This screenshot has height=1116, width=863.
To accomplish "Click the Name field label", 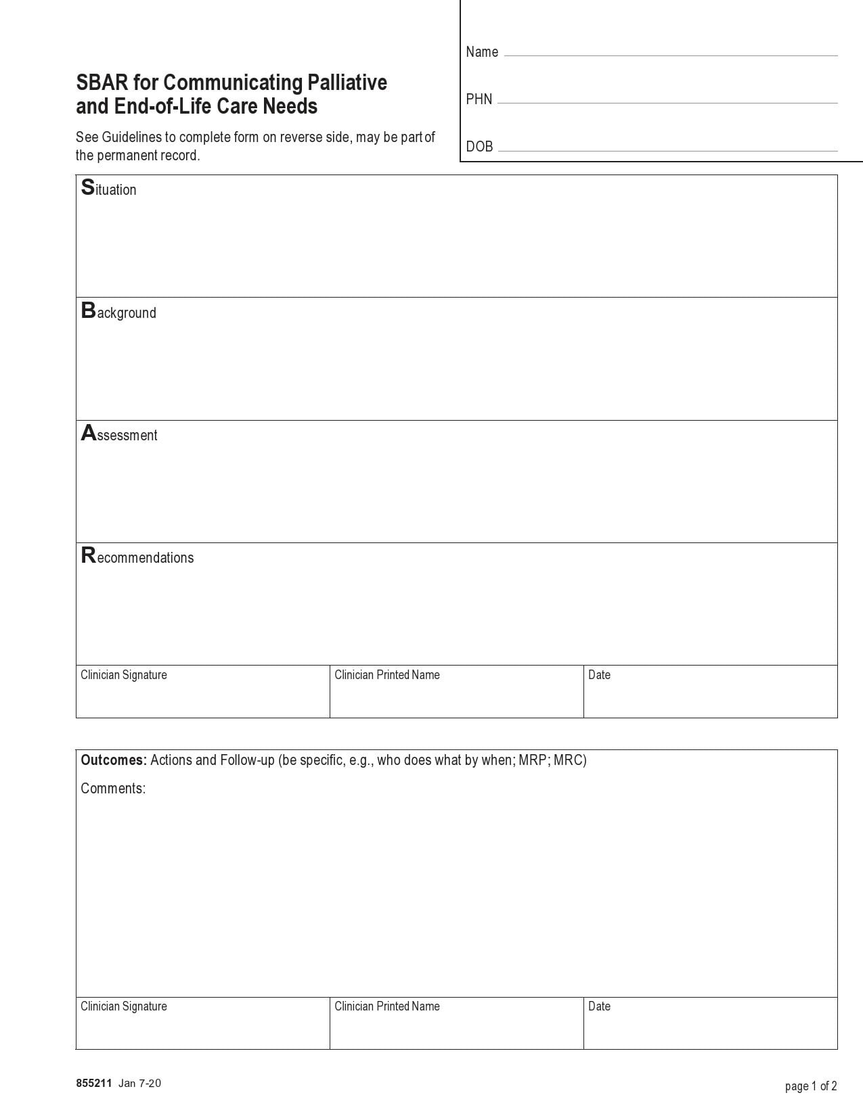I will pos(482,52).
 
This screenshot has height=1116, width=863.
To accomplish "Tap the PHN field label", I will pos(479,99).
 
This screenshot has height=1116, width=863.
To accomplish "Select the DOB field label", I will pos(479,147).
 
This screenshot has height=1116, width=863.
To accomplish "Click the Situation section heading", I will pos(109,189).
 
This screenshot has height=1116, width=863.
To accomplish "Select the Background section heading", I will pos(118,312).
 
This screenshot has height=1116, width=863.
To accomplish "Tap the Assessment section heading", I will pos(119,434).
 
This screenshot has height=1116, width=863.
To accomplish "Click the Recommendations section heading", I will pos(137,557).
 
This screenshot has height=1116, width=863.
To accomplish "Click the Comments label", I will pos(113,789).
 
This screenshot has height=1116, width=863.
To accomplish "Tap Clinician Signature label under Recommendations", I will pos(124,675).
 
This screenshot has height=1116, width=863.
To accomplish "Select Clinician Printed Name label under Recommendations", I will pos(387,675).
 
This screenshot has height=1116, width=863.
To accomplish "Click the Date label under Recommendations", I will pos(599,675).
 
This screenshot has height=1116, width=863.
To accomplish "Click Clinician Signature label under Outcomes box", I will pos(124,1006).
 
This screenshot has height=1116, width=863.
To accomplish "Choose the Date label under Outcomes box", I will pos(599,1006).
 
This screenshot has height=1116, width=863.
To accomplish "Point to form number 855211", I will pos(93,1084).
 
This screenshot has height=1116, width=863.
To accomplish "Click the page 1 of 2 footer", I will pos(811,1086).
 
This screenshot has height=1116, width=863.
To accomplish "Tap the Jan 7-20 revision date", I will pos(140,1084).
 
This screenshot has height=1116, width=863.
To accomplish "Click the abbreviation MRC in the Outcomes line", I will pos(569,760).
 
